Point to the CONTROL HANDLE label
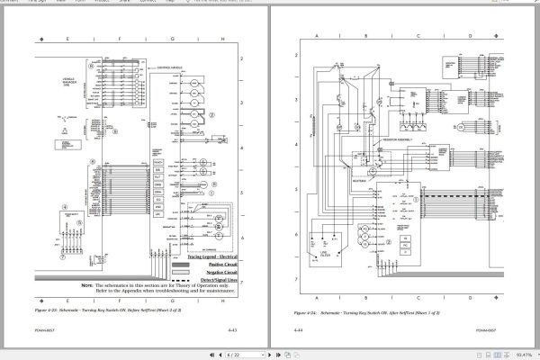[175, 67]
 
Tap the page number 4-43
[231, 331]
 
